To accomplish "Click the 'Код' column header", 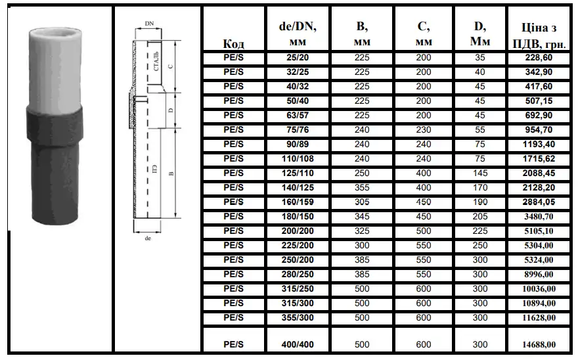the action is (233, 44).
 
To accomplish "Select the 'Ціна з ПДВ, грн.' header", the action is (539, 35).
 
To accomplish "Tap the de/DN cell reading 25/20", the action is (298, 58).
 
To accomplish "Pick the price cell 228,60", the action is (539, 58).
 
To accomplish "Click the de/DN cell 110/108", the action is (298, 158).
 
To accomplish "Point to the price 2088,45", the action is (539, 173).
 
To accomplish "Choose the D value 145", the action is (480, 173).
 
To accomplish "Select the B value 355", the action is (362, 187).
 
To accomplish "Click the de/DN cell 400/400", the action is (298, 344).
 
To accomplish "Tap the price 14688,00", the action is (539, 344).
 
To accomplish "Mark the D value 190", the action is (480, 202).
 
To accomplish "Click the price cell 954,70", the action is (539, 129).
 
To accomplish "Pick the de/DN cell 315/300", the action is (298, 304).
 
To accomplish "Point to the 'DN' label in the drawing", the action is (149, 24).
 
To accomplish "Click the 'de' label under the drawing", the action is (148, 238).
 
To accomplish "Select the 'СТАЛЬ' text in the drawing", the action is (156, 61).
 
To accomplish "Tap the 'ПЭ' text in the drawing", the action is (155, 169).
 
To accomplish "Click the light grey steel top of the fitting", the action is (55, 66).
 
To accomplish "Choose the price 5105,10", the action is (539, 231).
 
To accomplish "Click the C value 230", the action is (424, 129).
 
